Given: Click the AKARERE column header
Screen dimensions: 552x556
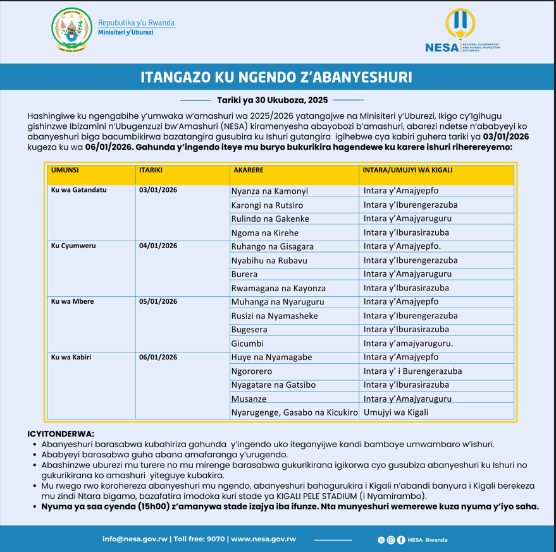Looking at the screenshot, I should click(x=248, y=171).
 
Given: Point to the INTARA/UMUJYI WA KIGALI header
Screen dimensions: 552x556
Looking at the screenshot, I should click(x=407, y=171).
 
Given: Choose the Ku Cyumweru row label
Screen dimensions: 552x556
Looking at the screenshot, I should click(x=73, y=246).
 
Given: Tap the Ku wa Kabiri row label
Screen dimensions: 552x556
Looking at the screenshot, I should click(x=71, y=357).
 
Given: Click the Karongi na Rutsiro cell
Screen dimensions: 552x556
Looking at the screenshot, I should click(x=267, y=205).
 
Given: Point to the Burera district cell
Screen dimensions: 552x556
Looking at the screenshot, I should click(x=245, y=274).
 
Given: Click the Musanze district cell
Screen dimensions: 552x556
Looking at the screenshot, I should click(x=249, y=399).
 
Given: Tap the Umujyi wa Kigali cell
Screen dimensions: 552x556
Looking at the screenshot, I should click(x=396, y=412).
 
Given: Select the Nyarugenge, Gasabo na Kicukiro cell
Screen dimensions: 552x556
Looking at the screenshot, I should click(x=295, y=412).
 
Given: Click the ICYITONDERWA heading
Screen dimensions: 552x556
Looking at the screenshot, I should click(x=61, y=434).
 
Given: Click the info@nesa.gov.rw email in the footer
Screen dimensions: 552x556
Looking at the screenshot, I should click(x=135, y=539).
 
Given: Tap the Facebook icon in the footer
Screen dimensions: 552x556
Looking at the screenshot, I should click(x=401, y=540).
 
